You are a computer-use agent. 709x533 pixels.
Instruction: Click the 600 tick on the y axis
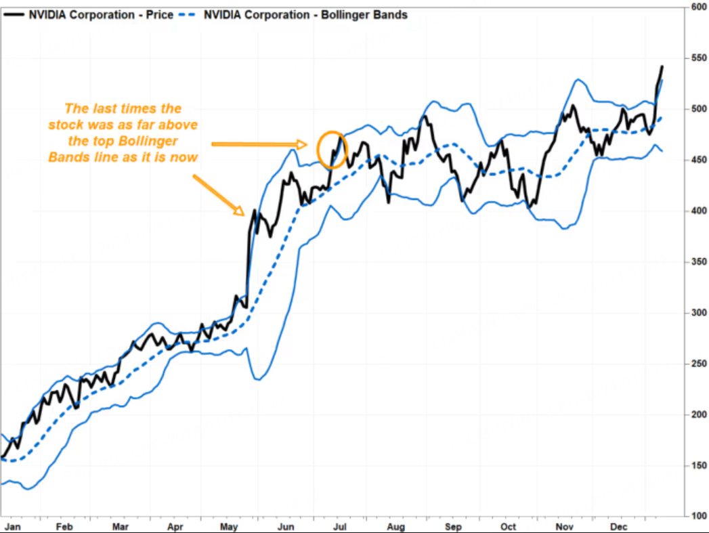(699, 7)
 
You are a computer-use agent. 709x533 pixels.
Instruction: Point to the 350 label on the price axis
(699, 261)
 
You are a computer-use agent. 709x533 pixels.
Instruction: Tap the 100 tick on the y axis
(699, 516)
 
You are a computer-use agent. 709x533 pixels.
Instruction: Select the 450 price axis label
(699, 160)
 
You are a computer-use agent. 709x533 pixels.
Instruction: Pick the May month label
(230, 526)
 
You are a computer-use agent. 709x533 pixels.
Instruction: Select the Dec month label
(619, 526)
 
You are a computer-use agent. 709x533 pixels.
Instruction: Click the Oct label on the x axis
(508, 526)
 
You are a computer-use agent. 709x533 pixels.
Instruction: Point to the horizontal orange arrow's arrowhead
(303, 144)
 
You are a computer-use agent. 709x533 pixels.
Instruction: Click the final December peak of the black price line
(662, 66)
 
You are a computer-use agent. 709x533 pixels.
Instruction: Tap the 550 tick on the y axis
(699, 58)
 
